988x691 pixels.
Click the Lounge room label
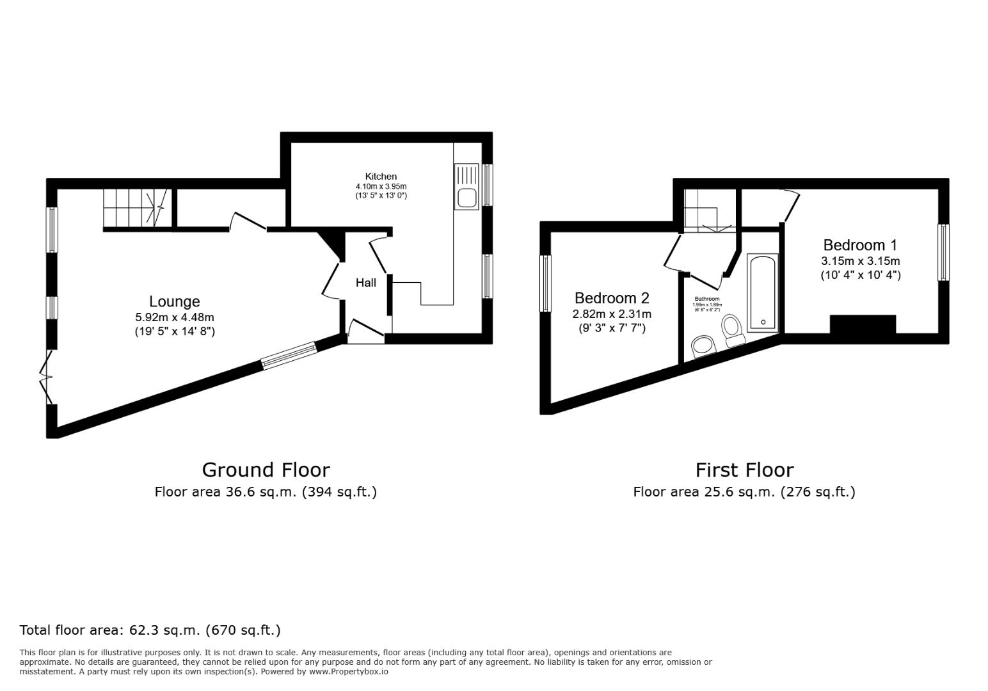click(x=175, y=301)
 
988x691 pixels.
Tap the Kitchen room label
click(x=381, y=177)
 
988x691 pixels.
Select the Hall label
click(x=366, y=283)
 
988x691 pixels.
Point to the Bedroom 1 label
click(x=860, y=245)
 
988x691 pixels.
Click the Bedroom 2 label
click(x=612, y=298)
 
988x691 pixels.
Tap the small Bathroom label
click(x=706, y=299)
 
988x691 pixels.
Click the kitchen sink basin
click(x=466, y=198)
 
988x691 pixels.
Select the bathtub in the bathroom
click(x=763, y=293)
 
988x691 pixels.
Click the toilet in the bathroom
click(x=732, y=331)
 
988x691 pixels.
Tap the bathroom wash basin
click(x=703, y=347)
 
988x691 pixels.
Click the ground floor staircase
click(x=137, y=208)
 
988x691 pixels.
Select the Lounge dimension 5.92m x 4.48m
click(x=175, y=317)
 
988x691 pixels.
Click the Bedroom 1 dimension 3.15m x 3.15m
click(x=860, y=260)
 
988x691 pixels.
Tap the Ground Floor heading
click(x=266, y=470)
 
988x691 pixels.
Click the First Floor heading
click(x=745, y=470)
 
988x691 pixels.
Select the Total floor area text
click(x=150, y=630)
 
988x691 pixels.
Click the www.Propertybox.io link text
click(x=349, y=672)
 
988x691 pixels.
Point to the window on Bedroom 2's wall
click(x=546, y=283)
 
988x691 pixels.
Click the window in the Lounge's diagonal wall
click(x=289, y=355)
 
